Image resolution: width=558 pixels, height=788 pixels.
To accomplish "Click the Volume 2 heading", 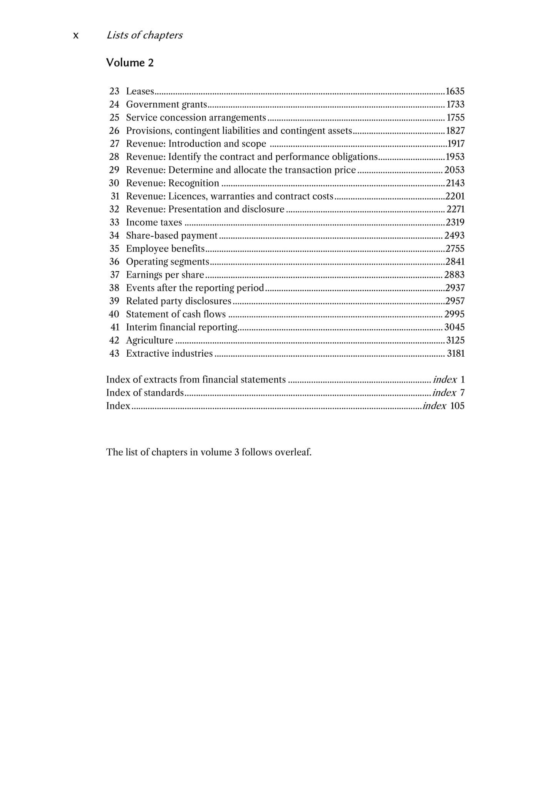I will [130, 63].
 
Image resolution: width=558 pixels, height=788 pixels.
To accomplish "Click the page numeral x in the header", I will [76, 35].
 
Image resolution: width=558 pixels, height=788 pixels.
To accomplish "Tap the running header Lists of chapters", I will [144, 35].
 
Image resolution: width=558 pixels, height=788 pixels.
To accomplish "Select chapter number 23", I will [114, 91].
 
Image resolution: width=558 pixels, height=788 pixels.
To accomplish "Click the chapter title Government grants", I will [166, 104].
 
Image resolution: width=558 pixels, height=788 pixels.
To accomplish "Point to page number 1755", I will [455, 117].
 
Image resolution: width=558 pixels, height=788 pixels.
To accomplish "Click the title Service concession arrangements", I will [196, 117].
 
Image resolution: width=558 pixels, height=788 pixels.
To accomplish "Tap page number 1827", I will [455, 130].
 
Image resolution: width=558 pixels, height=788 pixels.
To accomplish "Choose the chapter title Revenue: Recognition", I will [173, 183].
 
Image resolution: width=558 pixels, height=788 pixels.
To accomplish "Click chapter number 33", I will [114, 222].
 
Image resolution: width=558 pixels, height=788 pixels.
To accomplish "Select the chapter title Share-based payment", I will [172, 235].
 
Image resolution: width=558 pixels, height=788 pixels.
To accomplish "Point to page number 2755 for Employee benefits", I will [455, 248].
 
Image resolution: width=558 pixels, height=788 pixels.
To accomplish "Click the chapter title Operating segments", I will [168, 261].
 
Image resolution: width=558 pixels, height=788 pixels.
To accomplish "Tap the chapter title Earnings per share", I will [165, 274].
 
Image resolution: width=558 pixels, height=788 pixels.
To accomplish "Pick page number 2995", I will [454, 314].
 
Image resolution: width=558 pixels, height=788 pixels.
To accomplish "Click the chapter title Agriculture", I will [149, 340].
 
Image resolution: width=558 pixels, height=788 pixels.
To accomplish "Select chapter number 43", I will [114, 353].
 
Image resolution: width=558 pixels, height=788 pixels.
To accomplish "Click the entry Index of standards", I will [145, 392].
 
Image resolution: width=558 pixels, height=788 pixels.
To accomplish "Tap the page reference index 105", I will [444, 406].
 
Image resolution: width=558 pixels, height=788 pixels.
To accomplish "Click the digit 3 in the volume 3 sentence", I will [236, 452].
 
